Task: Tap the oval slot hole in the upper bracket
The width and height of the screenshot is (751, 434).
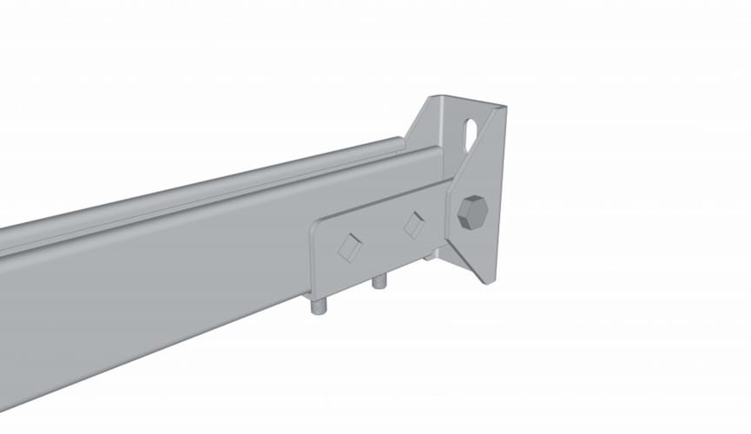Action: (471, 132)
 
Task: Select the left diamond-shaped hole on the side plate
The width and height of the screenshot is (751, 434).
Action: (350, 247)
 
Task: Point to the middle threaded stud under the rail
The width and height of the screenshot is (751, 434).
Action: (378, 282)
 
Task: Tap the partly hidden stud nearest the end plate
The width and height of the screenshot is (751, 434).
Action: (431, 256)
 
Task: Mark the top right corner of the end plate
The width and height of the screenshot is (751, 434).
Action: (504, 107)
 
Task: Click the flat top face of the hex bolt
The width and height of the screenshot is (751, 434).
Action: (471, 211)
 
